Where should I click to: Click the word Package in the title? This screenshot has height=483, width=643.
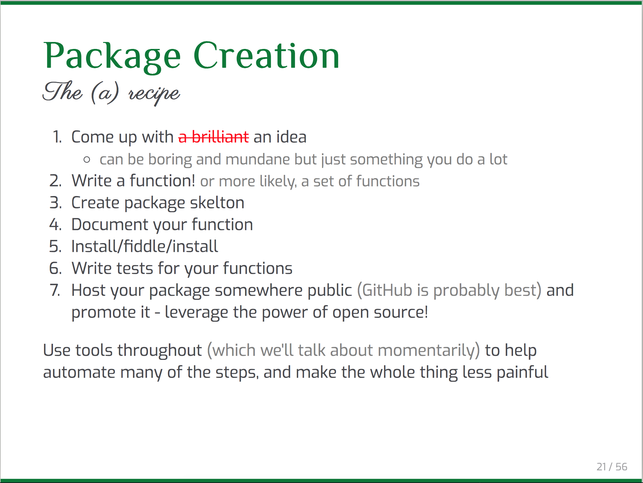click(112, 57)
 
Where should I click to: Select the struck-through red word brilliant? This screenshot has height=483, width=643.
click(220, 137)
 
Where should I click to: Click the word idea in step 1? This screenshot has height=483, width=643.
click(291, 137)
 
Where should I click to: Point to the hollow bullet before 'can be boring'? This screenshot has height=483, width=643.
click(87, 160)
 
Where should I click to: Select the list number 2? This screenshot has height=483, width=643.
click(55, 181)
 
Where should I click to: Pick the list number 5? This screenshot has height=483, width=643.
click(55, 246)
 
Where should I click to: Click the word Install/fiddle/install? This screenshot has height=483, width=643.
click(145, 246)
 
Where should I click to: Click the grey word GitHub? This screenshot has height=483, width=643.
click(387, 290)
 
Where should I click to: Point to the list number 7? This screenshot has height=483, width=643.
click(55, 290)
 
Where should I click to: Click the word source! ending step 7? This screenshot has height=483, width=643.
click(401, 312)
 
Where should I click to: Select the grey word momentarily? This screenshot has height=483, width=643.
click(426, 350)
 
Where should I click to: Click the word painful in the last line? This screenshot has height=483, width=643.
click(522, 373)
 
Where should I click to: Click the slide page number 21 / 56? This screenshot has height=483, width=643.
click(612, 467)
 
